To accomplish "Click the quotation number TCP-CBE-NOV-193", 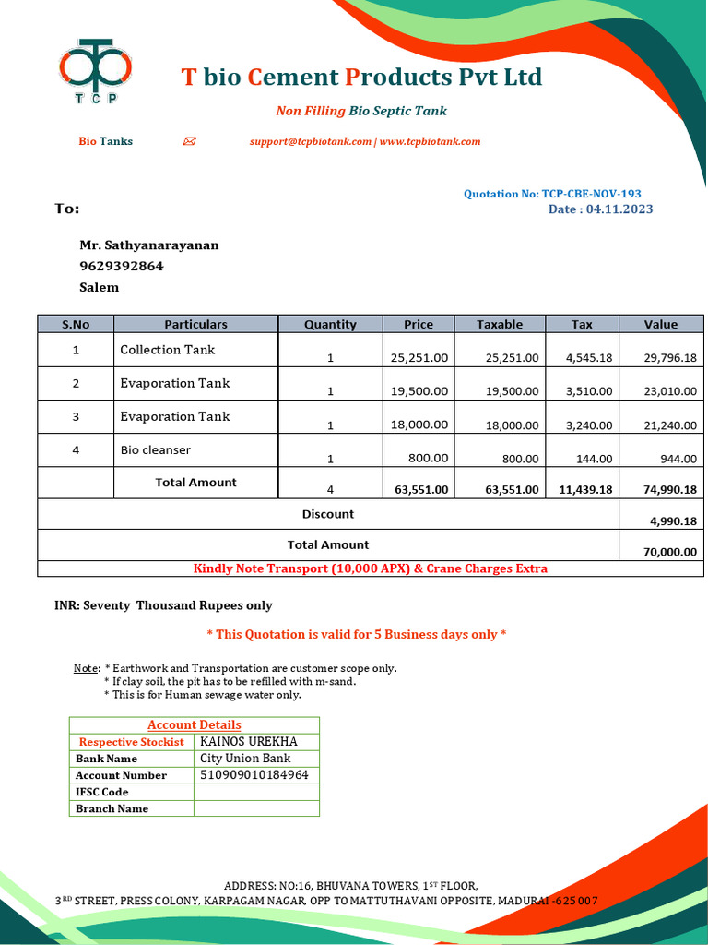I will (591, 194).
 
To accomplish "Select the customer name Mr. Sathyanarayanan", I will (148, 245).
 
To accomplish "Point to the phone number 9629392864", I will (122, 266).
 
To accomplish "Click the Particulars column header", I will (195, 324).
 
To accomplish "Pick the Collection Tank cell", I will (168, 350).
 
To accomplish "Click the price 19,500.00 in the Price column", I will (419, 391).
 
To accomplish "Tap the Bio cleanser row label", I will (155, 450).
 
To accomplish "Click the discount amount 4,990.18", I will (673, 521).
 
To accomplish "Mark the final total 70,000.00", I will (670, 553).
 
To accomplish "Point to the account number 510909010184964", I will (254, 775).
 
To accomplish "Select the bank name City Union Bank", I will (245, 759).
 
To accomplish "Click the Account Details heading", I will (195, 725).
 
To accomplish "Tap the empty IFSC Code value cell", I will (256, 792).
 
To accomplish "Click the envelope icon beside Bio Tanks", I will (190, 141).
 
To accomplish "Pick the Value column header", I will (660, 324).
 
